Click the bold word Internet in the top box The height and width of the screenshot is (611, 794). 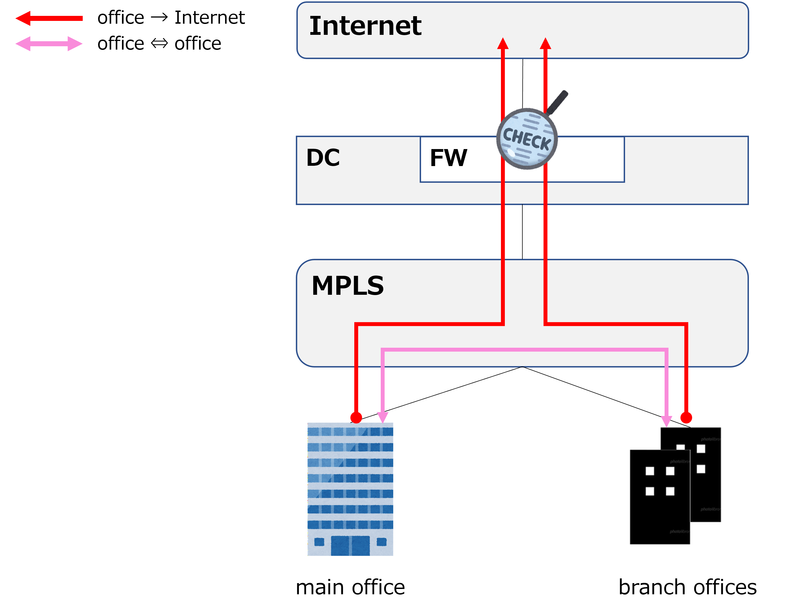[365, 26]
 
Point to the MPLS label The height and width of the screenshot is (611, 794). [348, 286]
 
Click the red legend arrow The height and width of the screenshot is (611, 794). [49, 18]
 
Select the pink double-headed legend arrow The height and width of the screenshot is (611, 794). [49, 44]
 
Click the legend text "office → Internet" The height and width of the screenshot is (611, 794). [171, 18]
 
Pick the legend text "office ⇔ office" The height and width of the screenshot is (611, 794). [159, 44]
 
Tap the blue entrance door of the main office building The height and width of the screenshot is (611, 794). [350, 546]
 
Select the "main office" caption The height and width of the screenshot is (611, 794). [350, 587]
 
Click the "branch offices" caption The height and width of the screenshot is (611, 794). [688, 587]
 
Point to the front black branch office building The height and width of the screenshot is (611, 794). [660, 497]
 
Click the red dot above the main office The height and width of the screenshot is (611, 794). [356, 418]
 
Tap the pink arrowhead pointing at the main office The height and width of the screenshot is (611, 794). [383, 417]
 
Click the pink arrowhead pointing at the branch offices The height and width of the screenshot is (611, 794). [666, 421]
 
